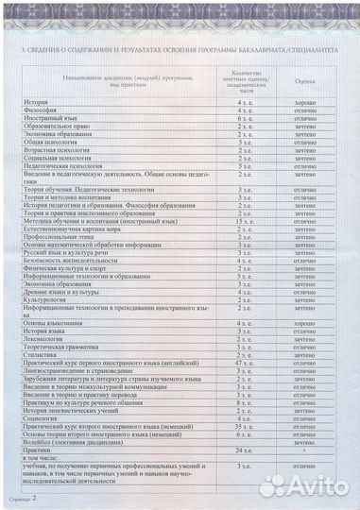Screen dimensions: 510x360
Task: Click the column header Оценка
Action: [x=304, y=83]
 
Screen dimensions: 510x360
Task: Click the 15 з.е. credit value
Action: [x=244, y=219]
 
